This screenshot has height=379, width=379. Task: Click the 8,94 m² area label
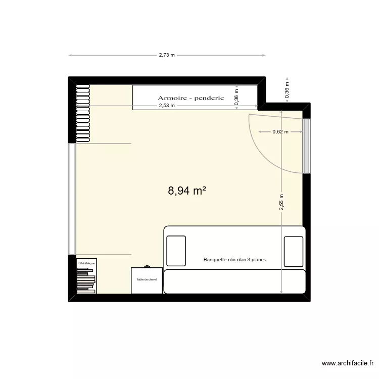click(187, 191)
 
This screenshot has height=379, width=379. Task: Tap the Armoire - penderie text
click(191, 98)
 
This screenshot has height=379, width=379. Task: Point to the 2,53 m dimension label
click(166, 106)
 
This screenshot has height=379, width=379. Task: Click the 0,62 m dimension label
click(280, 132)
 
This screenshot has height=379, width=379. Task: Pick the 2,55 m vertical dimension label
click(281, 203)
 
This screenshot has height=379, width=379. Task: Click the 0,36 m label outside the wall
click(287, 91)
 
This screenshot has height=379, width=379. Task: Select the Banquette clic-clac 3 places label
click(234, 260)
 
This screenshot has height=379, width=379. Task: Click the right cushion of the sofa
click(294, 251)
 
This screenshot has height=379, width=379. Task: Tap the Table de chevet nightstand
click(147, 280)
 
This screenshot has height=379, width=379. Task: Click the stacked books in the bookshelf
click(86, 280)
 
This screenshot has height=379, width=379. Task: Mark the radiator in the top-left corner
click(83, 113)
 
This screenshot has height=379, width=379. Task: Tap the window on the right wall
click(306, 145)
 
